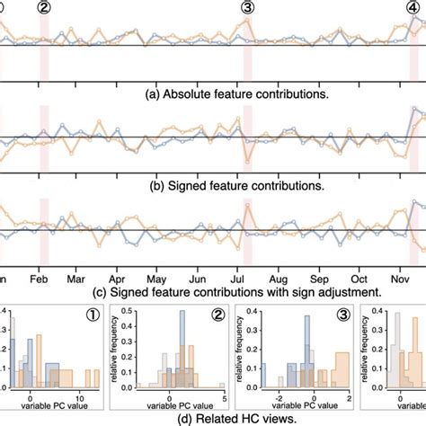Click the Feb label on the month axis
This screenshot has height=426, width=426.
tap(40, 277)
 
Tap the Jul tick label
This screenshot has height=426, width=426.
tap(246, 277)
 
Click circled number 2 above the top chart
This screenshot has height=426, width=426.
tap(43, 7)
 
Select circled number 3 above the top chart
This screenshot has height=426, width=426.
tap(248, 7)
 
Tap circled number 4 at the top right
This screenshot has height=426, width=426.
tap(415, 7)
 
